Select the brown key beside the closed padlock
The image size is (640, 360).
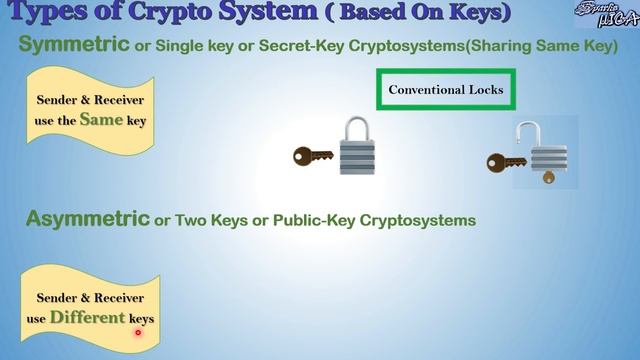[x=313, y=155]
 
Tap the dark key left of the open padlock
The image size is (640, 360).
[x=506, y=160]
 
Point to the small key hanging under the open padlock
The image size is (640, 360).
[x=546, y=177]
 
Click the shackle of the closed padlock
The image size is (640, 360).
[x=357, y=128]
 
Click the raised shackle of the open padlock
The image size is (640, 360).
[x=527, y=133]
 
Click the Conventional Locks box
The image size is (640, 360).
[x=445, y=90]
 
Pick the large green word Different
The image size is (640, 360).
[x=87, y=317]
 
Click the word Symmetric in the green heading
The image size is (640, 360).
[x=74, y=46]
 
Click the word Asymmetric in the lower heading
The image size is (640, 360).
[x=86, y=218]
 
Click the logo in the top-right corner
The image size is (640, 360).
[x=606, y=14]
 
